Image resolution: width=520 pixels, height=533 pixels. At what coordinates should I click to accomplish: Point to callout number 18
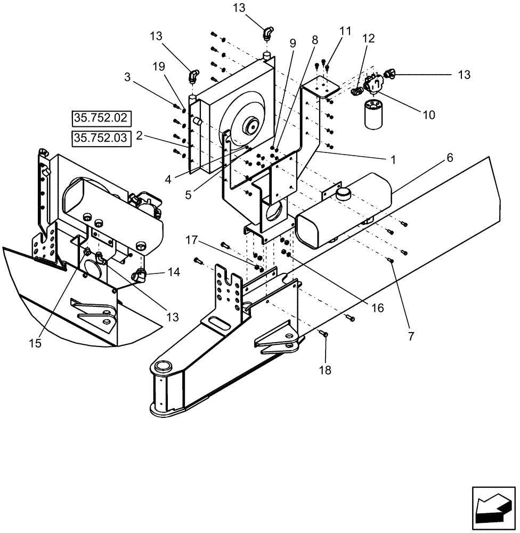pos(324,369)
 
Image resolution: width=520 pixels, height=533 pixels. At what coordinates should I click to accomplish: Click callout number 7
pos(411,336)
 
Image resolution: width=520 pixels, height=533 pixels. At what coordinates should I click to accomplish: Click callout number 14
pos(173,272)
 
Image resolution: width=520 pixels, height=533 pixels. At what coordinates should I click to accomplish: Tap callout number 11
pos(346,31)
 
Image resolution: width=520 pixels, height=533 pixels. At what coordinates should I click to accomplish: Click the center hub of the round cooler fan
pos(250,127)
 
